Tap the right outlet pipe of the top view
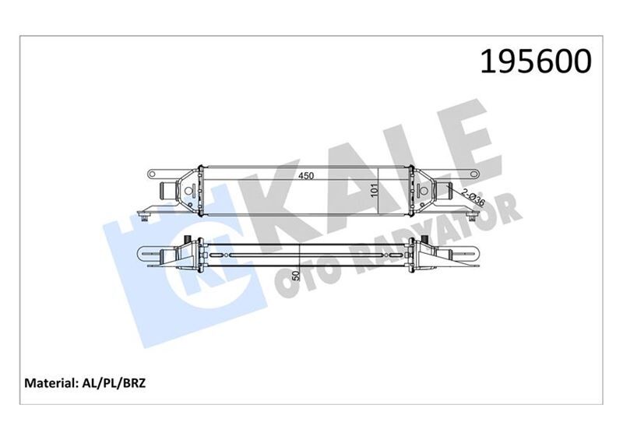[445, 190]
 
